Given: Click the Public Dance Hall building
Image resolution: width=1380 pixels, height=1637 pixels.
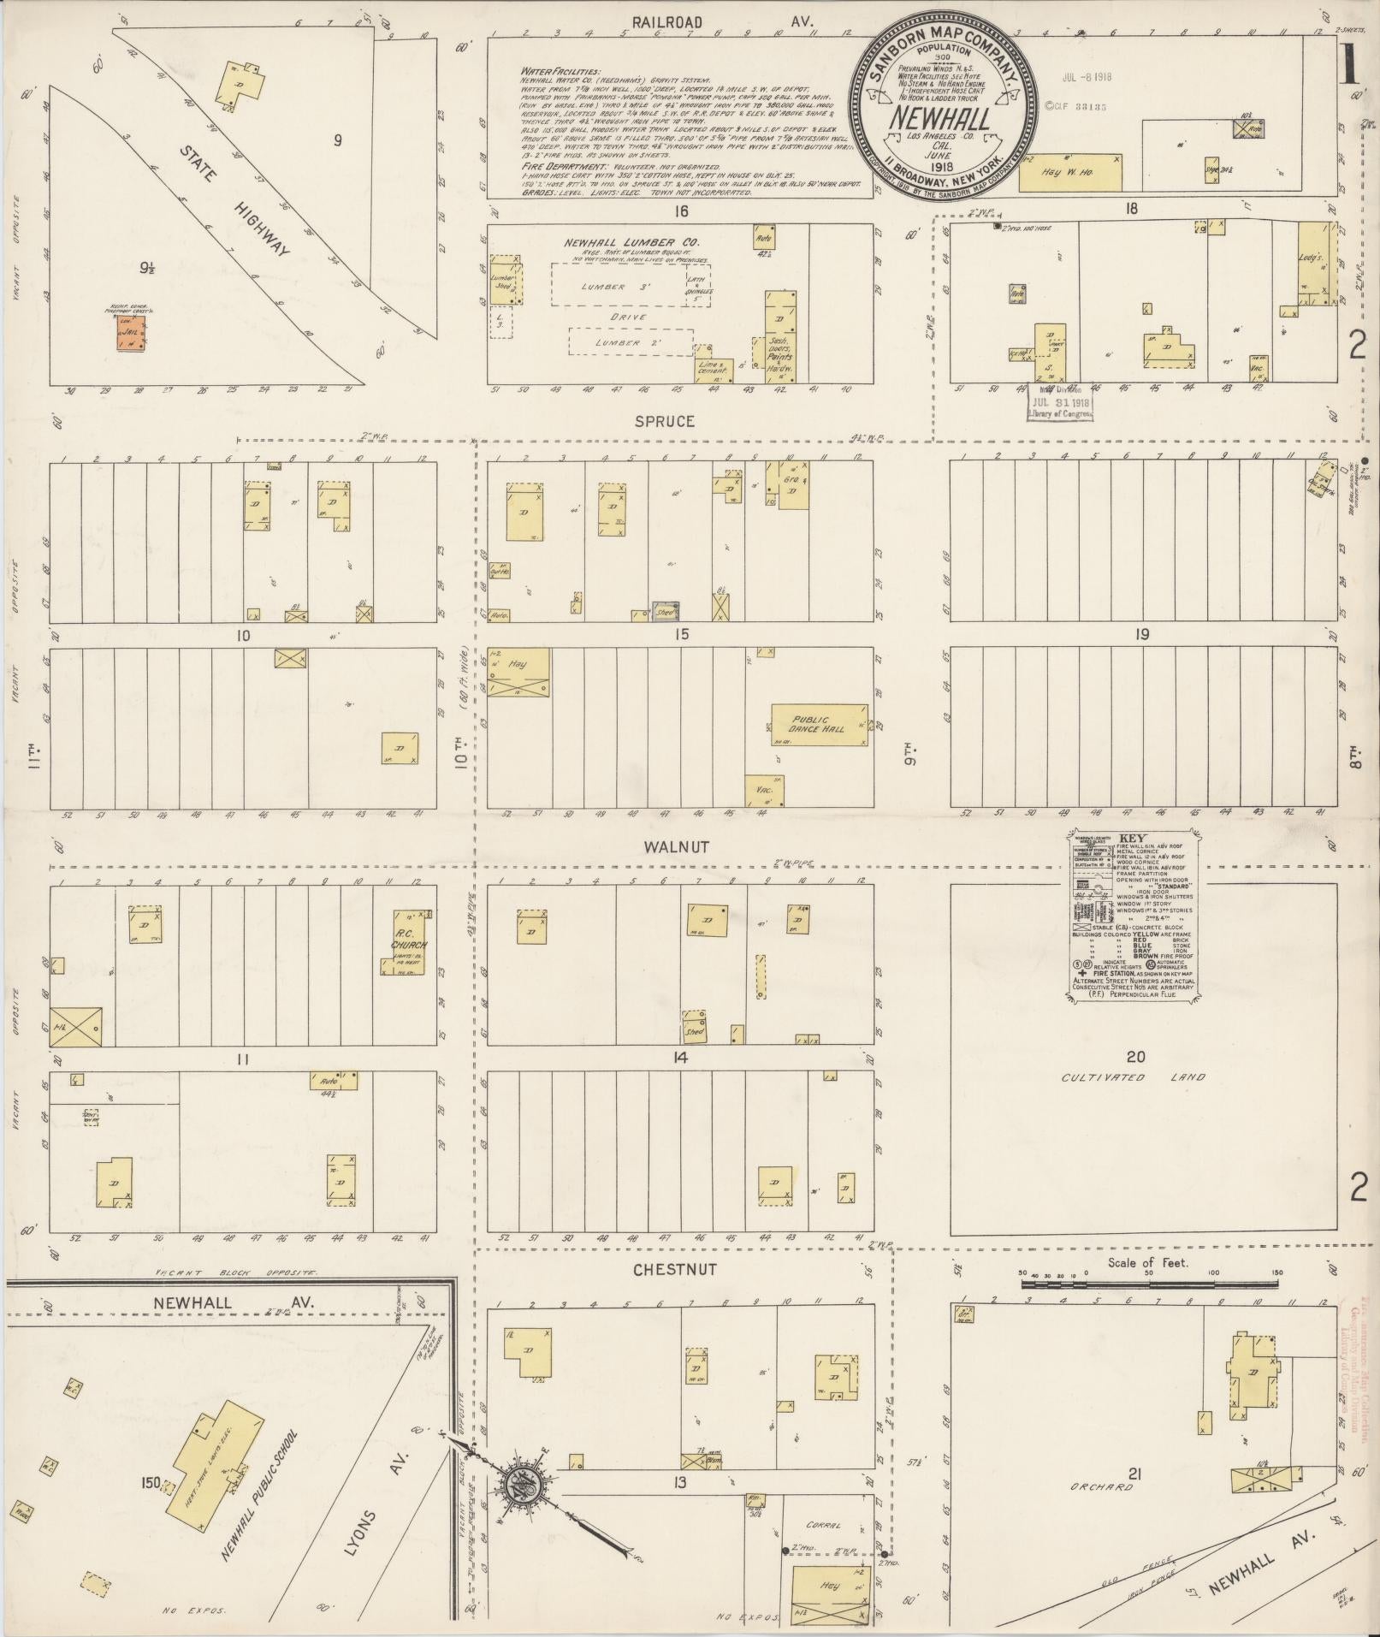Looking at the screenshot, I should pos(820,724).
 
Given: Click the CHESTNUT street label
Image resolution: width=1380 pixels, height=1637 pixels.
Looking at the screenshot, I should pos(675,1269).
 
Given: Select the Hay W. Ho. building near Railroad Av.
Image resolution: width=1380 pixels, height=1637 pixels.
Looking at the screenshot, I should pos(1070,172).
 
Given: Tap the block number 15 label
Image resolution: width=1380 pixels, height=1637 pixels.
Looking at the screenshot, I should pos(681,634).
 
